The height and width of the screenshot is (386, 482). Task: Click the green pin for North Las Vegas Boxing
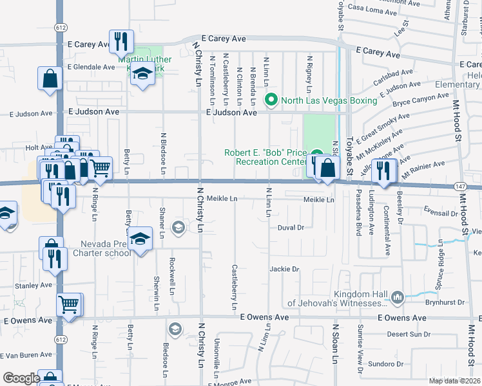[271, 100]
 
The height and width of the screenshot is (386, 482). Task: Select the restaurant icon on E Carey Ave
[121, 42]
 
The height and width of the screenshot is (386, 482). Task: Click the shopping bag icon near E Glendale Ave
[50, 79]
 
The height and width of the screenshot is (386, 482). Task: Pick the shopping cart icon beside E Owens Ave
[69, 305]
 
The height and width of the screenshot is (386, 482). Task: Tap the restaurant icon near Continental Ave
[384, 170]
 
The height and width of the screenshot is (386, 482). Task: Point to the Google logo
[21, 378]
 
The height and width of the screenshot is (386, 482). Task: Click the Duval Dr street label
[291, 227]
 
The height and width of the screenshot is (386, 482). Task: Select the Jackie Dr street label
[285, 269]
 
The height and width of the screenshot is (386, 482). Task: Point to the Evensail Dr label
[441, 210]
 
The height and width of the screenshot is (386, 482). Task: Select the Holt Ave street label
[38, 147]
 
